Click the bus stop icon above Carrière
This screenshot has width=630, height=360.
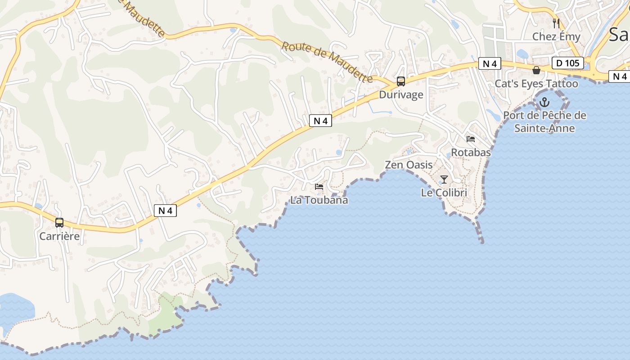click(59, 222)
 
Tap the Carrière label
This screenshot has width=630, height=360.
click(59, 236)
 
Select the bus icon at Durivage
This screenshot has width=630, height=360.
click(400, 81)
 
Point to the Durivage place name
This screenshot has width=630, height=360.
click(401, 94)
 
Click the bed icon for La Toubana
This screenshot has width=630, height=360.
click(319, 187)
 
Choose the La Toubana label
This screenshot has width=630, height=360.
click(319, 200)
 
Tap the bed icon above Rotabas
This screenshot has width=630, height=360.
click(471, 139)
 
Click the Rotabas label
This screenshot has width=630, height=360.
click(471, 153)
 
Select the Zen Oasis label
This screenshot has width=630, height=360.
click(409, 165)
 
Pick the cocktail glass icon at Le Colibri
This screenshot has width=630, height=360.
click(444, 180)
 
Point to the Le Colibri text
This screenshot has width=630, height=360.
click(444, 193)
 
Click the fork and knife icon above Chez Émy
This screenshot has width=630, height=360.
click(556, 23)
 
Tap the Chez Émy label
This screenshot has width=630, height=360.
click(556, 36)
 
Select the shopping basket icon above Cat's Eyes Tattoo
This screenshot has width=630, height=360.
click(536, 70)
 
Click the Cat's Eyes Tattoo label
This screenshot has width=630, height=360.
click(536, 84)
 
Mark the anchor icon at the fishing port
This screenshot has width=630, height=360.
click(544, 102)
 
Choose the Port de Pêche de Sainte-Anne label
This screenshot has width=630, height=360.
click(544, 121)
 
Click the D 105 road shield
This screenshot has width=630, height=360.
click(568, 63)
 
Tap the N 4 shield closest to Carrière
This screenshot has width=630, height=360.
click(165, 210)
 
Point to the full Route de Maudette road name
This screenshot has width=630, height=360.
click(328, 62)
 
